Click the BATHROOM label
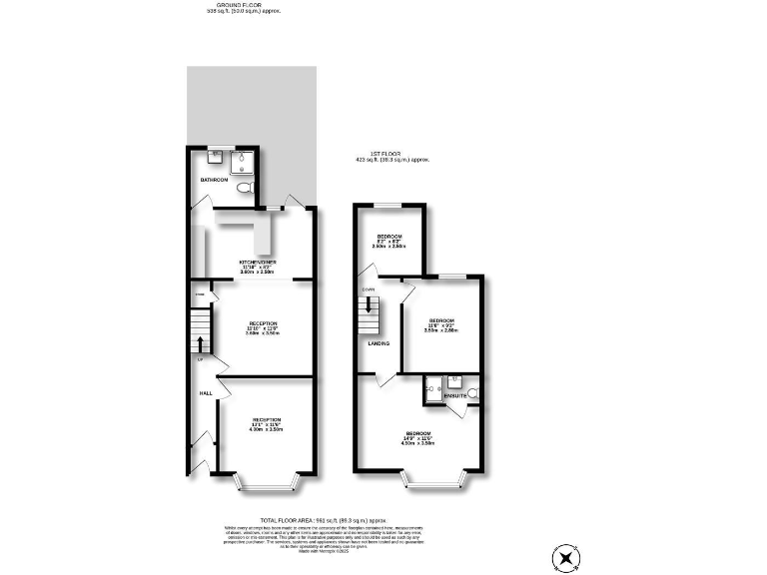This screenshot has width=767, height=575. pos(215,180)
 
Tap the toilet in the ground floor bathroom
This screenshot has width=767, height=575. pos(246,189)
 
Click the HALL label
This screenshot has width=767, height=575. pos(206,393)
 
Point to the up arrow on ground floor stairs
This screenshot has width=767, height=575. pos(205,343)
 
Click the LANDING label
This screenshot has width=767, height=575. pos(379,343)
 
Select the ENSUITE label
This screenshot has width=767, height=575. pos(455,396)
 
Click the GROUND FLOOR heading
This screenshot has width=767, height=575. pos(241,5)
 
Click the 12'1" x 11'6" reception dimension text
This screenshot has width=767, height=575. pos(267,424)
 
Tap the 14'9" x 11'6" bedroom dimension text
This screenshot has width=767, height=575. pos(418,437)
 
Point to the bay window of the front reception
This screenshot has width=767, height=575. pos(266,485)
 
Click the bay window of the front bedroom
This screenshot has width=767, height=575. pos(433,485)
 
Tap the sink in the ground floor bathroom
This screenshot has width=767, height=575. pos(216,157)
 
